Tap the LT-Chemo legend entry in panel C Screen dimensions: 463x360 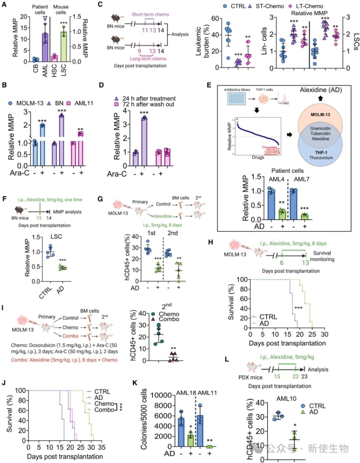click(305, 6)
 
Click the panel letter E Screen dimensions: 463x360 click(209, 85)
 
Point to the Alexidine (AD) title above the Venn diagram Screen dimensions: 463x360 click(320, 90)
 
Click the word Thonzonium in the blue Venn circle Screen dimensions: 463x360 click(321, 158)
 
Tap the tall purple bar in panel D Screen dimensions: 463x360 click(144, 136)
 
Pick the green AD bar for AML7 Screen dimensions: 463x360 click(305, 216)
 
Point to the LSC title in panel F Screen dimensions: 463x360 click(56, 237)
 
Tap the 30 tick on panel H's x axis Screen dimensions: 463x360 click(324, 335)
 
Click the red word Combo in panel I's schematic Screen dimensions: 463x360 click(70, 336)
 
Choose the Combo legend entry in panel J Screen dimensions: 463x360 click(104, 410)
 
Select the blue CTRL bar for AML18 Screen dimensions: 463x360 click(181, 432)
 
